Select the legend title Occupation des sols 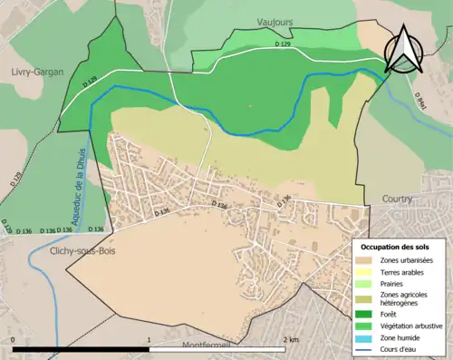point(396,247)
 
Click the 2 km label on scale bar point(290,339)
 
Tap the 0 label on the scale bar point(14,339)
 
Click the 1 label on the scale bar point(150,339)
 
